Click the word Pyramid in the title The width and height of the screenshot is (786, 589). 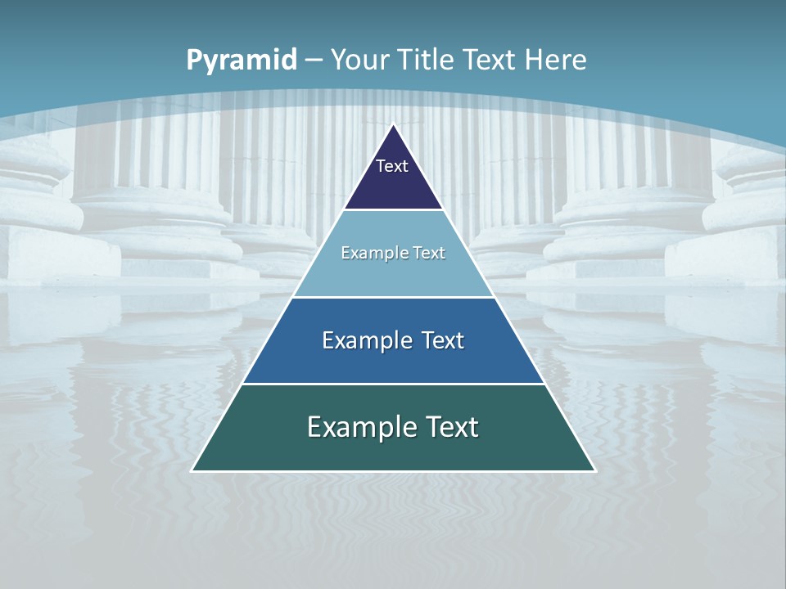tap(241, 61)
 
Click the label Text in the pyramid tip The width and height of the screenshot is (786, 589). tap(392, 166)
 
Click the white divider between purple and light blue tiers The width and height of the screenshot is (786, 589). tap(394, 209)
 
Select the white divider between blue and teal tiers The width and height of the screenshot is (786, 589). tap(394, 384)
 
